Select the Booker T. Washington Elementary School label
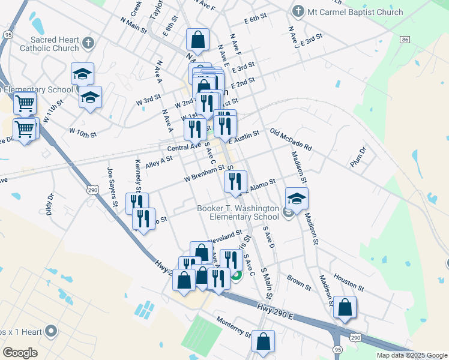pyautogui.click(x=238, y=212)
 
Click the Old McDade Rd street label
pyautogui.click(x=291, y=140)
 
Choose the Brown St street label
pyautogui.click(x=298, y=280)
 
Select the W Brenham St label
pyautogui.click(x=203, y=175)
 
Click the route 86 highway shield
pyautogui.click(x=406, y=40)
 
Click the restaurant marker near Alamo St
pyautogui.click(x=236, y=181)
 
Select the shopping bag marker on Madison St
pyautogui.click(x=345, y=307)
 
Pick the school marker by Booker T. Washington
pyautogui.click(x=297, y=199)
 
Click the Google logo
pyautogui.click(x=20, y=352)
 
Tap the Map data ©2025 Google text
pyautogui.click(x=412, y=355)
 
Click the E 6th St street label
pyautogui.click(x=255, y=20)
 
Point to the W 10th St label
pyautogui.click(x=83, y=131)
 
